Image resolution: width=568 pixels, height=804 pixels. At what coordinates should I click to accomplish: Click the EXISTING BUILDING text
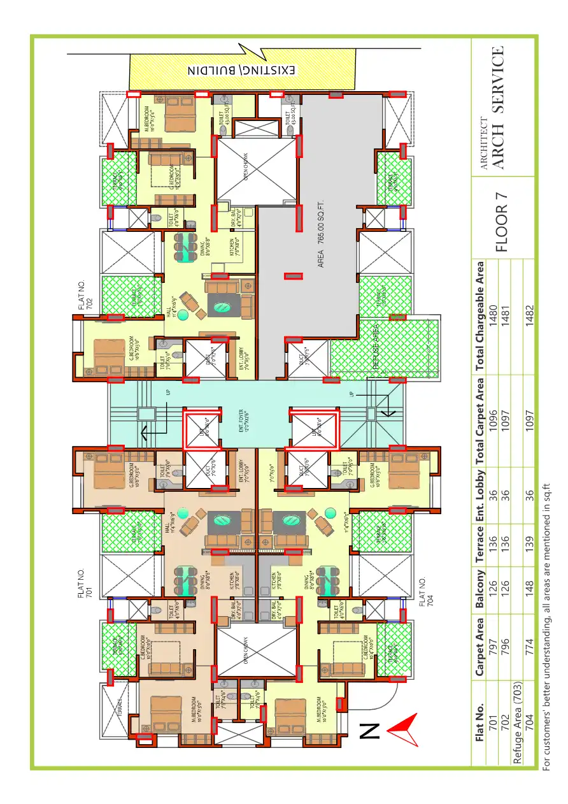(241, 70)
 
